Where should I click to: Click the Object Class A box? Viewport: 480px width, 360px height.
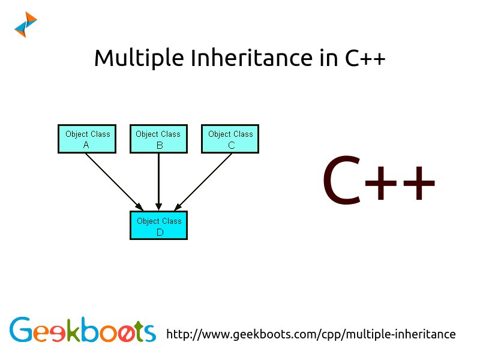pyautogui.click(x=86, y=139)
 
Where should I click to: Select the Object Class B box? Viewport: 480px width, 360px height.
pyautogui.click(x=158, y=139)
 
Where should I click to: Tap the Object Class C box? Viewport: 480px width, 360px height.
pyautogui.click(x=230, y=139)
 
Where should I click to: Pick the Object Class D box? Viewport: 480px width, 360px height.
pyautogui.click(x=159, y=226)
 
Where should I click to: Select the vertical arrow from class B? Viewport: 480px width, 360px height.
pyautogui.click(x=158, y=180)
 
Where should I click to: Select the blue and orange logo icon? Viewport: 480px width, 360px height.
pyautogui.click(x=26, y=25)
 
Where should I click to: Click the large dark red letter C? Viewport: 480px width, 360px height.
pyautogui.click(x=341, y=181)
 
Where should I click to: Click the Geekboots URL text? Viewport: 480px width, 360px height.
pyautogui.click(x=310, y=334)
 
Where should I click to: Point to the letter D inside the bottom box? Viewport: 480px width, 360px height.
pyautogui.click(x=160, y=232)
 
